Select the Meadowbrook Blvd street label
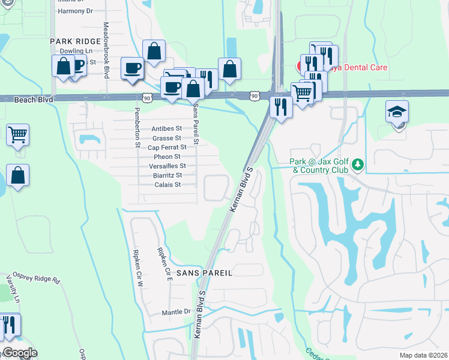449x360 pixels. (x=106, y=50)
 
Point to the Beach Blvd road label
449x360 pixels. (x=30, y=98)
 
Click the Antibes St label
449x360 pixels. (x=166, y=128)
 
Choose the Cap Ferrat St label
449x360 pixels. (x=167, y=147)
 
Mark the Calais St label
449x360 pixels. (x=167, y=185)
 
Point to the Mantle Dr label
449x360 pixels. (x=176, y=312)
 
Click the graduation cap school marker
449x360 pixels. (x=397, y=112)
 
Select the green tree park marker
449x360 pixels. (x=358, y=164)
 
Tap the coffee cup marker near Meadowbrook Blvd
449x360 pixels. (x=132, y=68)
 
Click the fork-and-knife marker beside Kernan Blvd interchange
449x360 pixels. (x=281, y=107)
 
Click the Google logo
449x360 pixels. (x=19, y=353)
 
